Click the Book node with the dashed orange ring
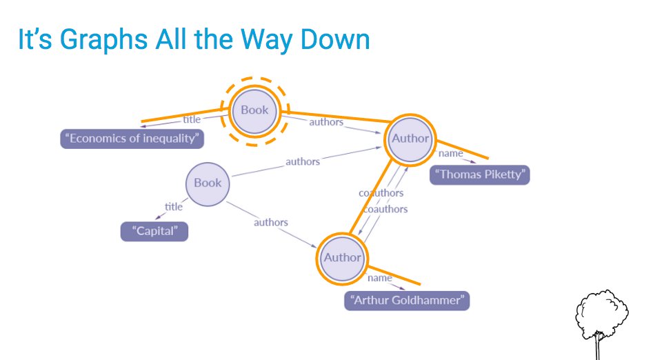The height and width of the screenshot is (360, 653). point(254,110)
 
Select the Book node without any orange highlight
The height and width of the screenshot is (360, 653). point(207,183)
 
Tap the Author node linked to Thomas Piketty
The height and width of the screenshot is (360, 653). point(410,138)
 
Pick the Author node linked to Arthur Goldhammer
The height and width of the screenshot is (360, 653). point(342,257)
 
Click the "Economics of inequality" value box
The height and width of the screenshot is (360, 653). point(132,139)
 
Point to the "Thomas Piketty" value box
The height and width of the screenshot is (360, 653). point(480,174)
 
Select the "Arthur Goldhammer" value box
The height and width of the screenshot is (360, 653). point(407,301)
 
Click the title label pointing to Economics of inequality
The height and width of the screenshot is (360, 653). point(192,119)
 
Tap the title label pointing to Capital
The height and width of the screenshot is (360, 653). point(174,206)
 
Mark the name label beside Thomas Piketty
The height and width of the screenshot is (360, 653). point(450,153)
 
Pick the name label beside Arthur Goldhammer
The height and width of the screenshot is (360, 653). point(379,278)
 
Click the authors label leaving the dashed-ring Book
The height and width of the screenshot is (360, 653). point(325,122)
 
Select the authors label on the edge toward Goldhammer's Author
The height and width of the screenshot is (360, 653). point(270,222)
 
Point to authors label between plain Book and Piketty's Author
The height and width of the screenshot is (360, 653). point(303,161)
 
